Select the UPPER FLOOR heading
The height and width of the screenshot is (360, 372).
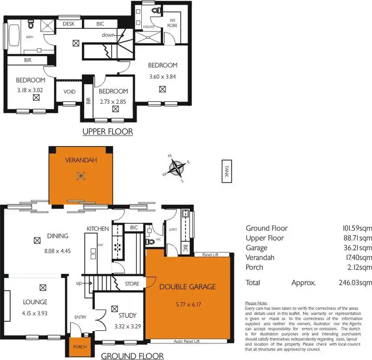(x=108, y=132)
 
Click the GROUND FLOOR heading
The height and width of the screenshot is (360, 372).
(x=132, y=356)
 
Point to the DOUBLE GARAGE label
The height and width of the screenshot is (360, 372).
(x=187, y=287)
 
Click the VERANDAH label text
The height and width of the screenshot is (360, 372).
(x=79, y=160)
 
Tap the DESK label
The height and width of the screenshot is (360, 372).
(x=68, y=24)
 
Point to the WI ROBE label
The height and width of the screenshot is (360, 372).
(x=172, y=23)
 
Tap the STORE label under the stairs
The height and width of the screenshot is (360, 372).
(x=131, y=284)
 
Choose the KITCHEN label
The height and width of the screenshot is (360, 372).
(x=98, y=228)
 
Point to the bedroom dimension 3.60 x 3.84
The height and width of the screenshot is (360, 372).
(x=163, y=76)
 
